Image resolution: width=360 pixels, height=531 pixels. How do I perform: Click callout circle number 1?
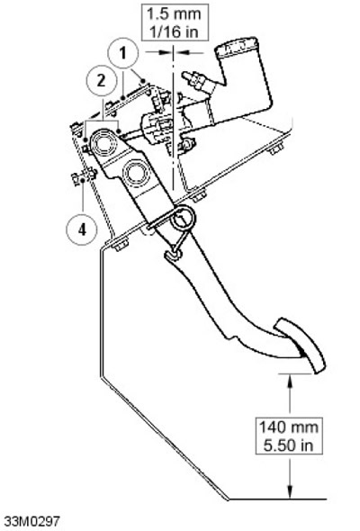pos(123,53)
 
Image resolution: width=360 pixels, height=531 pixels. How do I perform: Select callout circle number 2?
pos(101,81)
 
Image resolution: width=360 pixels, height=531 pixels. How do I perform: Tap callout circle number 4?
pos(82,229)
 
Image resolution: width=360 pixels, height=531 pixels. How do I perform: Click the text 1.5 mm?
pos(174,13)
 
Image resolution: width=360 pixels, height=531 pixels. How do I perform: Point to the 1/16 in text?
pos(174,31)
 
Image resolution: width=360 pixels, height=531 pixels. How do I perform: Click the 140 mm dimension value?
pos(289,427)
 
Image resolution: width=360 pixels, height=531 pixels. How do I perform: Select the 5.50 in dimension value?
pos(289,445)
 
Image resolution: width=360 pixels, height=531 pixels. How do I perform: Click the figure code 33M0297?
pos(31,520)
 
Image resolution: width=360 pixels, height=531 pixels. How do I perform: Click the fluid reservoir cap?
pos(236,47)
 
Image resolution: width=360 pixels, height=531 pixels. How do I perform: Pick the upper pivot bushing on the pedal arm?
pos(104,143)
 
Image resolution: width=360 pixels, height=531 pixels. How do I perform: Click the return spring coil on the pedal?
pos(182,219)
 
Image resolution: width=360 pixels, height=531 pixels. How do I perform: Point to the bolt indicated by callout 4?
pos(84,176)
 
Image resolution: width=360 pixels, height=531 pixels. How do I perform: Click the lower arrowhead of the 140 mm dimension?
pos(290,492)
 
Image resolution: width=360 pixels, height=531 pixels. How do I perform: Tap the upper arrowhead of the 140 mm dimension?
pos(290,380)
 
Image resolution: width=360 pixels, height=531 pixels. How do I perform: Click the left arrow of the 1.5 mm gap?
pos(166,52)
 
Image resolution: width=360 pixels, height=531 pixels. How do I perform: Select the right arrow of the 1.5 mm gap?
pos(182,52)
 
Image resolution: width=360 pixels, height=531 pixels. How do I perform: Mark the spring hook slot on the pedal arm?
pos(173,256)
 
